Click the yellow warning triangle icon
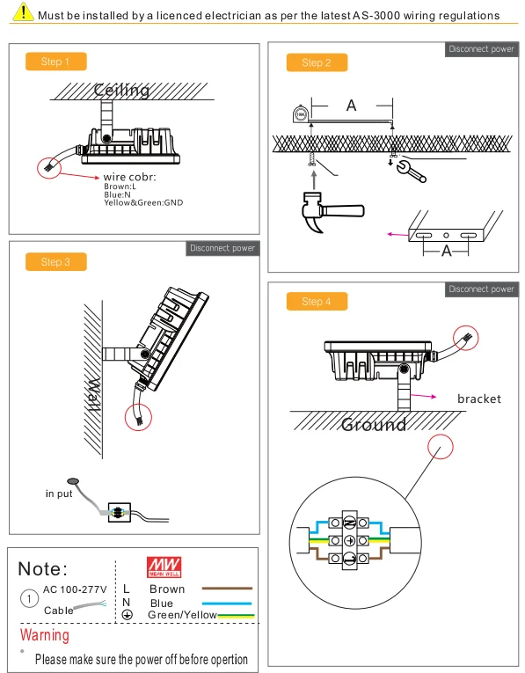tap(23, 12)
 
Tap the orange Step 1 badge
tap(55, 62)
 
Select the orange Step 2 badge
tap(317, 62)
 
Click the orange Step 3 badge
tap(55, 262)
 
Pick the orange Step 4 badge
tap(317, 301)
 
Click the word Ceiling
tap(122, 90)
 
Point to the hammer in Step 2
tap(332, 212)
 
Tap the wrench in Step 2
tap(411, 172)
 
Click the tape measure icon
tap(300, 113)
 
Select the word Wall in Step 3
tap(94, 395)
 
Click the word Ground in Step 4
tap(374, 425)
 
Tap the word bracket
tap(479, 399)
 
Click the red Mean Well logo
tap(164, 567)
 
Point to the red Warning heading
tap(45, 635)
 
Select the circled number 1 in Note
tap(29, 598)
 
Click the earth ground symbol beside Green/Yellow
tap(127, 615)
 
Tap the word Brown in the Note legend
tap(167, 589)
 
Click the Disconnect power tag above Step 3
tap(222, 248)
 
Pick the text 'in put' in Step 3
tap(59, 494)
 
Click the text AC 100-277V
tap(75, 589)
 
